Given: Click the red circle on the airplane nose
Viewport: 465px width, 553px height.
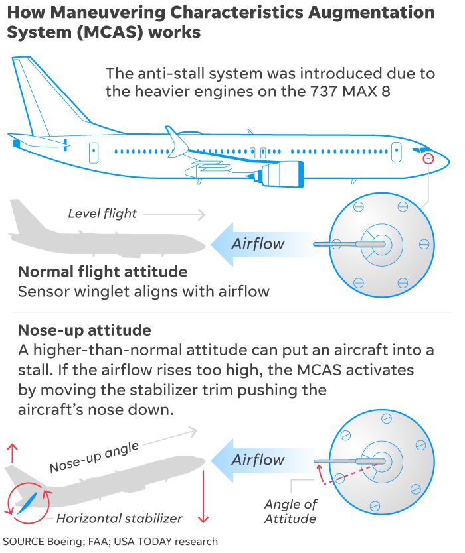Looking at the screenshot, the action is coord(428,158).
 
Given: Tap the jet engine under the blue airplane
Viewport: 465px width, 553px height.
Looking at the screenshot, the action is coord(279,174).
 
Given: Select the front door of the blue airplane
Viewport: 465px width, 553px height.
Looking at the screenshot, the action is coord(397,152).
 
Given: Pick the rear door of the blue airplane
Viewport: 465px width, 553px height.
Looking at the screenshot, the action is coord(94,153).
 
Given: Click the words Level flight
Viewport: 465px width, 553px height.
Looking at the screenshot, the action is coord(102,214).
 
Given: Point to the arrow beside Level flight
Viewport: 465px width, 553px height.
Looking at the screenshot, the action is coord(174,214).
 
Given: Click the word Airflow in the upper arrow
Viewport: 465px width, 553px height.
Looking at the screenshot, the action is coord(258,244).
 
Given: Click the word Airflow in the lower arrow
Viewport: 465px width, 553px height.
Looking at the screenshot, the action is coord(258,460).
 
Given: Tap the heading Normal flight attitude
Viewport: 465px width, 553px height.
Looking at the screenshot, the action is coord(103,272).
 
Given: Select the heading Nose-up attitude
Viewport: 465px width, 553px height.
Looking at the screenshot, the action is coord(85,330).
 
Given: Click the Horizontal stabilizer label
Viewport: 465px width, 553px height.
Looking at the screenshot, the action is coord(119,519).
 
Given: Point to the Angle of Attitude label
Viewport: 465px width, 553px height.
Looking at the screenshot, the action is coord(290,511).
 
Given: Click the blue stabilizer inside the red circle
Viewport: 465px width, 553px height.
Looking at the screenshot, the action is coord(27,503).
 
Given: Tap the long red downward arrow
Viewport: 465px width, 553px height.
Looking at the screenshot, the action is coord(203,497).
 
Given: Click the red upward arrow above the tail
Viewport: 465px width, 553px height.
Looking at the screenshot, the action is coord(13,453).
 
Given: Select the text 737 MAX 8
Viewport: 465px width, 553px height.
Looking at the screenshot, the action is coord(351,92).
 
